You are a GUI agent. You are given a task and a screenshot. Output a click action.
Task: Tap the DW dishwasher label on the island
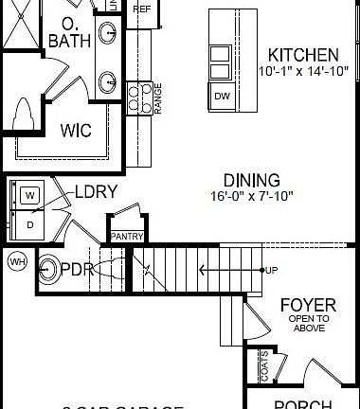coord(221,95)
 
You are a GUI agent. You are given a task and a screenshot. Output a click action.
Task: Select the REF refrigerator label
coord(143,9)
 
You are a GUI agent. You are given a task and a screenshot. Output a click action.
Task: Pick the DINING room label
coord(251,180)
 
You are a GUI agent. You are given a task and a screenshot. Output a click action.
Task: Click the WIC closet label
coord(76,131)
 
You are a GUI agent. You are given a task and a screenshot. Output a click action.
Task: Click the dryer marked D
coord(29,223)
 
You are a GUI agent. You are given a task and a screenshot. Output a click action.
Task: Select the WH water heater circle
coord(16,260)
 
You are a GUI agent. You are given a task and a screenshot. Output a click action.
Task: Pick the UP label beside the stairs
coord(273,270)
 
